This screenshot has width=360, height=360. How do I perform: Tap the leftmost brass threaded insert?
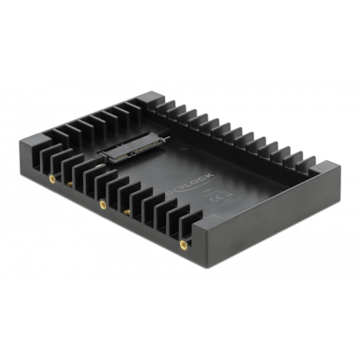[x=52, y=178]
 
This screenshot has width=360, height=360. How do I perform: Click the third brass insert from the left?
[x=103, y=205]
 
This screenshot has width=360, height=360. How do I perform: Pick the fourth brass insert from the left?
[x=127, y=212]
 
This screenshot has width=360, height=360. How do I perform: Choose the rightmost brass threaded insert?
[x=183, y=244]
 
